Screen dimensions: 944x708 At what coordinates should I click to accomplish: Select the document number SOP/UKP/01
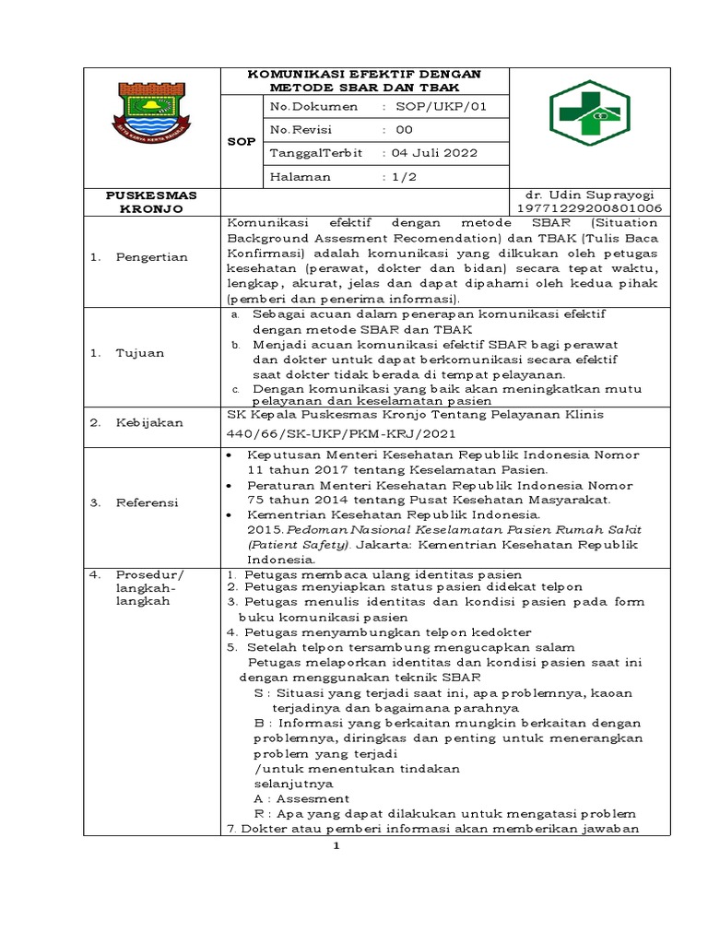[x=439, y=107]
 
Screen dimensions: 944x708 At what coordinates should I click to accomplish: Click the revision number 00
[x=405, y=130]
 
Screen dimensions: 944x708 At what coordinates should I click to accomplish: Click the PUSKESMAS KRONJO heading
[x=150, y=202]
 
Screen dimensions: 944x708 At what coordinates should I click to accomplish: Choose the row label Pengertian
[x=152, y=257]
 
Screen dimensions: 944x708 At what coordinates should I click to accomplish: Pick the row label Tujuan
[x=139, y=352]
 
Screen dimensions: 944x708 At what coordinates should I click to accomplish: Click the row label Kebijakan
[x=148, y=422]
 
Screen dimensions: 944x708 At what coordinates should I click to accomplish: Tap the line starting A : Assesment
[x=301, y=798]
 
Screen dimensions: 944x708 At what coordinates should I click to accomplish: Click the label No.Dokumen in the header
[x=311, y=107]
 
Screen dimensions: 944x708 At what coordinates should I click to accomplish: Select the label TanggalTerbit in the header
[x=315, y=152]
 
